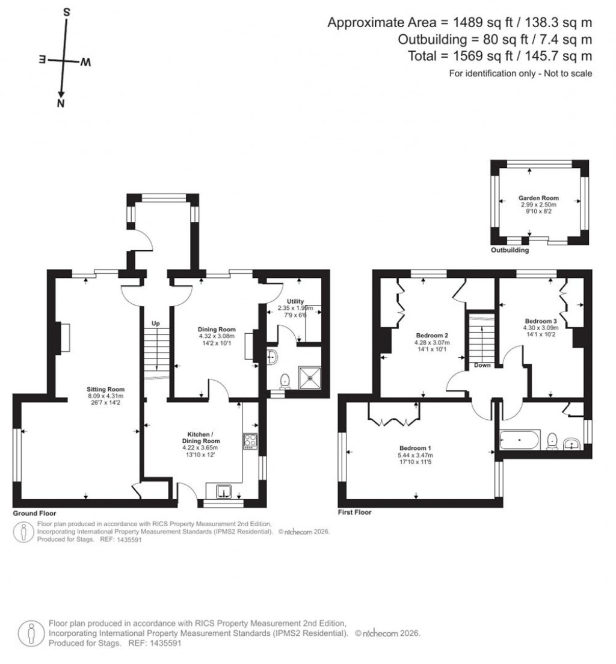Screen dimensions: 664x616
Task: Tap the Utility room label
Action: coord(295,301)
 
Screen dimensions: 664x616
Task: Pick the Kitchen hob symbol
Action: coord(250,441)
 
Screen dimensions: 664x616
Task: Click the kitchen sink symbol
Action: coord(224,492)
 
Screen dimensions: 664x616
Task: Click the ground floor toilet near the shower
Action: coord(285,381)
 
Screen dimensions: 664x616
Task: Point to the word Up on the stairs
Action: coord(155,324)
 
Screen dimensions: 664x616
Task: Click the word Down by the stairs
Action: coord(482,365)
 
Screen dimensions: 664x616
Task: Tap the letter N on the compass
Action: coord(60,104)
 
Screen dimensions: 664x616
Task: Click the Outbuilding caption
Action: coord(510,250)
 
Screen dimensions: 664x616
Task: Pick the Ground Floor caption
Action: coord(34,514)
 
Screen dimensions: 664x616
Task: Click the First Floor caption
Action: coord(355,512)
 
